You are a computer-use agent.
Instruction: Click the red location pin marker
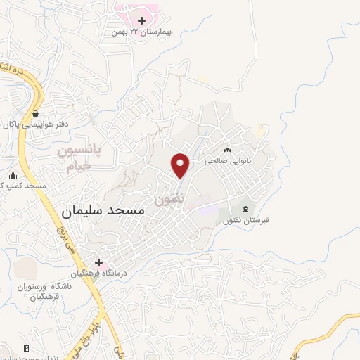coord(181,165)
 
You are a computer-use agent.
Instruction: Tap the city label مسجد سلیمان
coord(103,210)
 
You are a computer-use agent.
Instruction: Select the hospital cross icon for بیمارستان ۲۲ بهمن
coord(141,20)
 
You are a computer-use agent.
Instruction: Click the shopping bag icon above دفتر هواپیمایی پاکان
coord(35,113)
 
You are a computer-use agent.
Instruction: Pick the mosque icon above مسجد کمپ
coord(13,176)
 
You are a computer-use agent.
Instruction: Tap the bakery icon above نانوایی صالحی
coord(227,150)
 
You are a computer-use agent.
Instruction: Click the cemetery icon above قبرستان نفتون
coord(245,209)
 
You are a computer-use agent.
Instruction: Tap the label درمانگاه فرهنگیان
coord(98,274)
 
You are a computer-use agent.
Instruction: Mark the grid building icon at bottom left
coord(27,348)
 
